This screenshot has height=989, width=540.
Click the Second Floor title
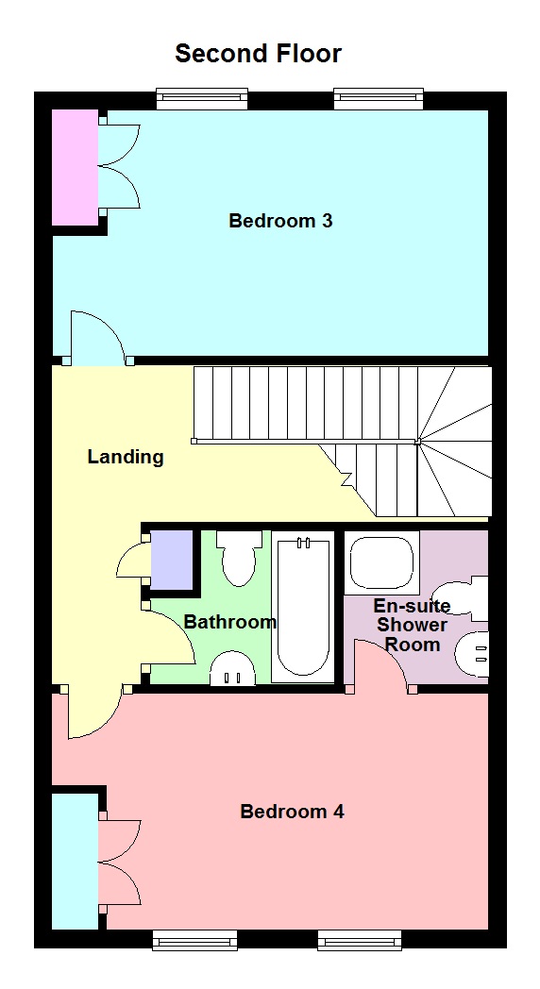(258, 54)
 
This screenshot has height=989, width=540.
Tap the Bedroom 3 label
(280, 221)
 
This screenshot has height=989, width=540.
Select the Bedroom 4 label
(292, 812)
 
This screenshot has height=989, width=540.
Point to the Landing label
(126, 457)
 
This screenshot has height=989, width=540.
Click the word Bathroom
(230, 622)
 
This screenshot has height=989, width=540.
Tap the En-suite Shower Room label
(412, 625)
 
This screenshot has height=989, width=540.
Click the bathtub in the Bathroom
(303, 607)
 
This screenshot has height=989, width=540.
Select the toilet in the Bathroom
(239, 559)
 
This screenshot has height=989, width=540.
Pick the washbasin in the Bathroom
(232, 668)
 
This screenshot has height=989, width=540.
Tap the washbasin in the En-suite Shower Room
(472, 654)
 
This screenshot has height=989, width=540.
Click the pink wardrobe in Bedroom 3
(75, 167)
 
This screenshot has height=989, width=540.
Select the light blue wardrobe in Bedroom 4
(75, 861)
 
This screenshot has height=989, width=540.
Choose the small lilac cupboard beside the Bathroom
(171, 561)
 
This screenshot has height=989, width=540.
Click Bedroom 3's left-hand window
(202, 98)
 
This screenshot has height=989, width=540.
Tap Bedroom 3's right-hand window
(379, 98)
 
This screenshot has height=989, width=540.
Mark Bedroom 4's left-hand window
(194, 941)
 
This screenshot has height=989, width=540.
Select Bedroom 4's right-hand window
(360, 941)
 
